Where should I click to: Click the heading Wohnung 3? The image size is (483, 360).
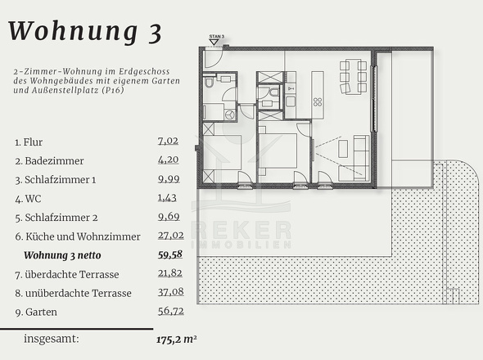click(85, 32)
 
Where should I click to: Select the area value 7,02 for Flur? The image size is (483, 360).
click(168, 142)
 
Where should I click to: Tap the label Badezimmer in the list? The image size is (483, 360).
click(54, 160)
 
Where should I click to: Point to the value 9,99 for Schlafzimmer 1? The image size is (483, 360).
click(169, 179)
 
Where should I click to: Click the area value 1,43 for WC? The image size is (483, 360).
click(167, 198)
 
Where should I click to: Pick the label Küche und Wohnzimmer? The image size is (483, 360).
click(83, 236)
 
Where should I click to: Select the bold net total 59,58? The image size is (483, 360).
click(170, 254)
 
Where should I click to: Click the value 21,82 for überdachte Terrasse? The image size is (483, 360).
click(170, 273)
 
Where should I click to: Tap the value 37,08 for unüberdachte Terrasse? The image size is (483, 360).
click(170, 292)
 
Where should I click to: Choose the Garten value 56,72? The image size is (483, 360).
click(170, 311)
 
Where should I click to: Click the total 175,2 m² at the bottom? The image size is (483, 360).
click(177, 340)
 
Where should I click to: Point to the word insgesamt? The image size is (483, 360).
click(52, 339)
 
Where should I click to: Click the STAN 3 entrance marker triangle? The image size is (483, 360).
click(214, 42)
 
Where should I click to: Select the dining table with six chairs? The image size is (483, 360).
click(354, 76)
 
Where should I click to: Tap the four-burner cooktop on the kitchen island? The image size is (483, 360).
click(318, 102)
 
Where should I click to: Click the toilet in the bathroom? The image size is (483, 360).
click(209, 82)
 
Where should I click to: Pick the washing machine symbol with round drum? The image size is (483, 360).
click(230, 115)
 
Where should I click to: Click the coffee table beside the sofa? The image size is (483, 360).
click(343, 149)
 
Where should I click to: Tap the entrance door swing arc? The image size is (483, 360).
click(217, 61)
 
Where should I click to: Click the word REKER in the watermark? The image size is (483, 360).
click(241, 230)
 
